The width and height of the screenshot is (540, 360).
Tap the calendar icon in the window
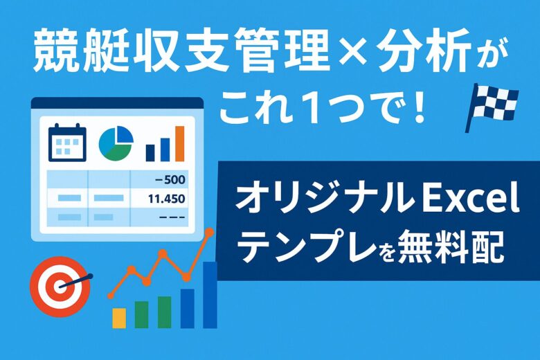[67, 143]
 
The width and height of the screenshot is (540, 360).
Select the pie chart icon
[116, 143]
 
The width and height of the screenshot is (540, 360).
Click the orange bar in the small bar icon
[180, 144]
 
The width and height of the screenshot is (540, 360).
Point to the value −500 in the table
[170, 179]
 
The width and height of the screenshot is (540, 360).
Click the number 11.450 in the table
[167, 199]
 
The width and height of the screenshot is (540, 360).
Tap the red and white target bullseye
[60, 287]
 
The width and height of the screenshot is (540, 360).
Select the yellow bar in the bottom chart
[119, 318]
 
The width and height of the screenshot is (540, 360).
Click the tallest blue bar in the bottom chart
[210, 295]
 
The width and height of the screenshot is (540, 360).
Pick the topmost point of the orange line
[209, 233]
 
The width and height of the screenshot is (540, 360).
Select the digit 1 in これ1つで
[314, 109]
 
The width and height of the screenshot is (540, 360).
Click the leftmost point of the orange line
[111, 295]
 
